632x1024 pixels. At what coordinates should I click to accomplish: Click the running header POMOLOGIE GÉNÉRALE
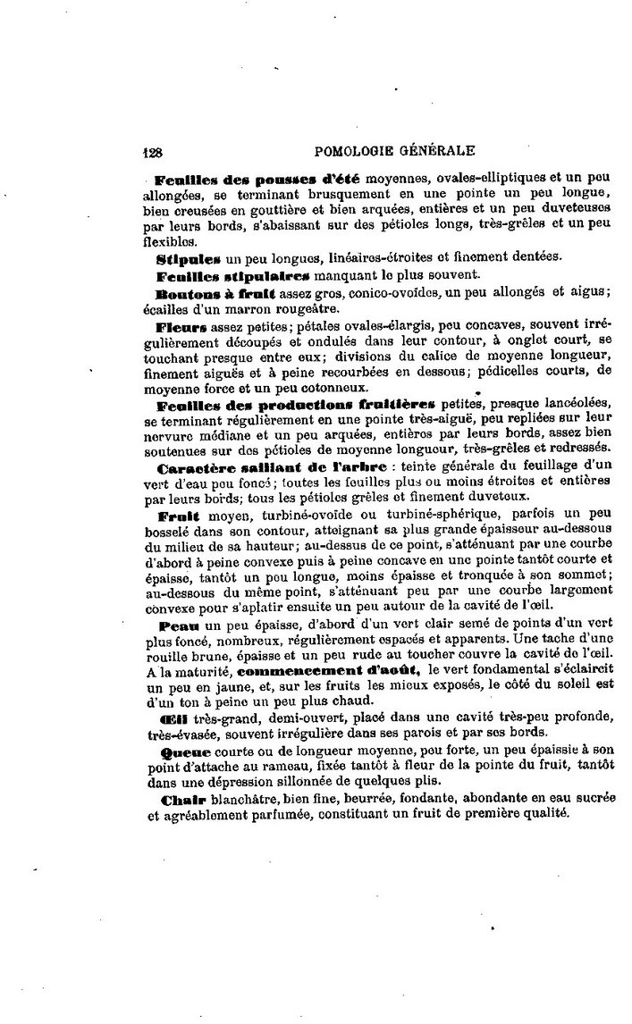395,151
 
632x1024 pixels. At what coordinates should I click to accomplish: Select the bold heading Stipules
182,258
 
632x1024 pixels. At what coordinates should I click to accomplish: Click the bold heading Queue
184,753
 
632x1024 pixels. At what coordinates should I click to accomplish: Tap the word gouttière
280,212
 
